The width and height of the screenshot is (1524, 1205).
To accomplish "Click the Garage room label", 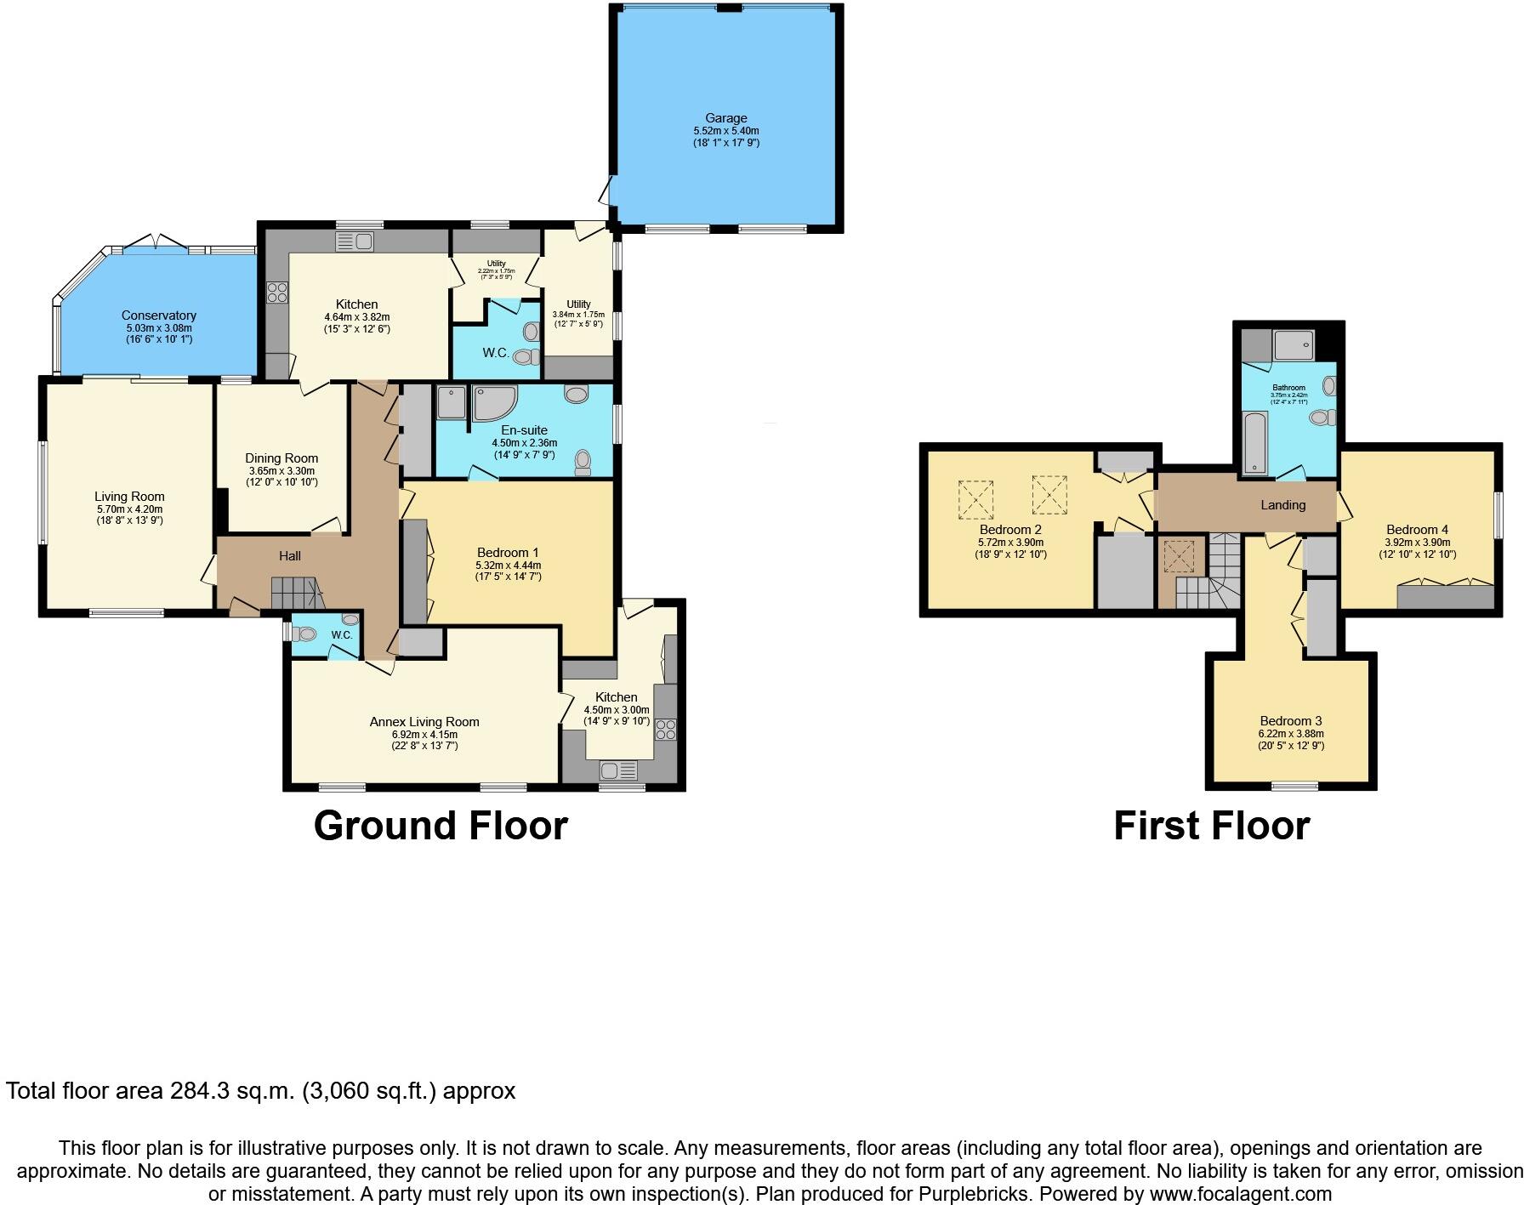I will (725, 118).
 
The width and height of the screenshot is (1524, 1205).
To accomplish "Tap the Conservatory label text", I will (158, 315).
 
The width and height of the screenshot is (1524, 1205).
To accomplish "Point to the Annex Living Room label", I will (424, 722).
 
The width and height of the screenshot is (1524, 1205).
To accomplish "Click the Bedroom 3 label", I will (1291, 721).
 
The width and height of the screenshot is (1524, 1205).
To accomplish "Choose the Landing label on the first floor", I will (1282, 505).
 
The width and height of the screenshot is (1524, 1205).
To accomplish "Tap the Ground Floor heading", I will (441, 826).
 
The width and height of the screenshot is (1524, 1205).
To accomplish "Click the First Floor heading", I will (1211, 826).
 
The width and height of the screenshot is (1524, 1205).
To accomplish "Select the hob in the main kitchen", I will (277, 293).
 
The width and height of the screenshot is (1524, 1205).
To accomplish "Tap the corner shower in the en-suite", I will (488, 403).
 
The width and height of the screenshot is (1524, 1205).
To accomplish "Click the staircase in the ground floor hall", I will (294, 592).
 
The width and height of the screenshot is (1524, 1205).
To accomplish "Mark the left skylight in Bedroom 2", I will (975, 499).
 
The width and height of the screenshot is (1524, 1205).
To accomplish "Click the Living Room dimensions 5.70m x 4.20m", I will (129, 509).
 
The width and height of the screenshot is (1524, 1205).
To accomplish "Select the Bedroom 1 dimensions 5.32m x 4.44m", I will (508, 565).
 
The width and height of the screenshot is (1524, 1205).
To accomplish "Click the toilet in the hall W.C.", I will (304, 634).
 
